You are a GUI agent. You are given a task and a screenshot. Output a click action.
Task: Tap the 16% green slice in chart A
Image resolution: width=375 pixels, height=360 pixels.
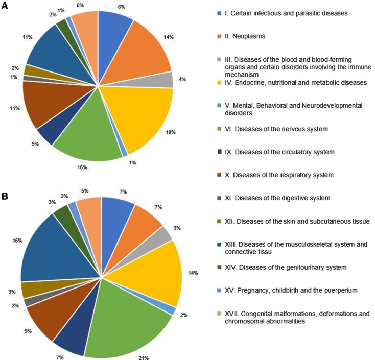(89, 138)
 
